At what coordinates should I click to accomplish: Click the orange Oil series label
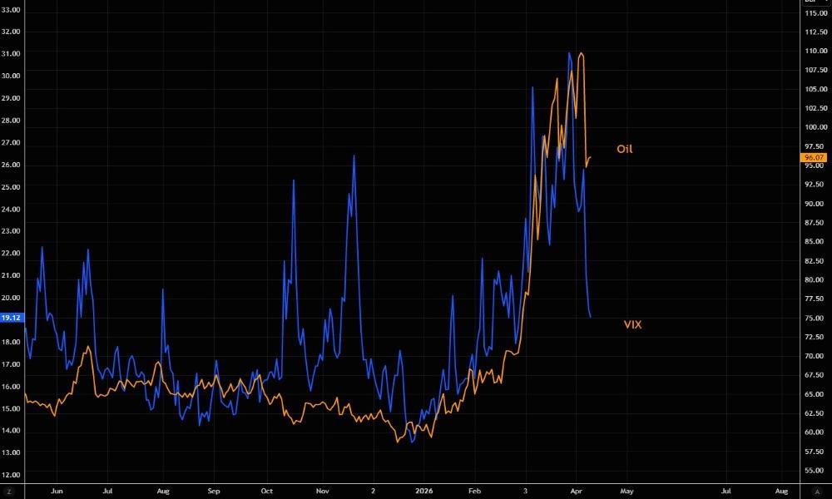(624, 149)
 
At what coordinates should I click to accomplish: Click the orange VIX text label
(632, 324)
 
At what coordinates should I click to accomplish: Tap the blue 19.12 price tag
(12, 318)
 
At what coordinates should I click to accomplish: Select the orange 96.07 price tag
(813, 157)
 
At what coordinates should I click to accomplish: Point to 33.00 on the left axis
(12, 9)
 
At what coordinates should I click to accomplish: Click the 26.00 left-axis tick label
(12, 165)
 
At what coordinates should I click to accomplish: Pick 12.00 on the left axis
(12, 475)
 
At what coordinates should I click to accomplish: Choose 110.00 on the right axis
(815, 51)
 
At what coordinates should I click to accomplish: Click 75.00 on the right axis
(815, 318)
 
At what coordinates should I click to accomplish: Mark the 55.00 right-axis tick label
(815, 471)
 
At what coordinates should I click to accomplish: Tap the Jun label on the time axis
(57, 492)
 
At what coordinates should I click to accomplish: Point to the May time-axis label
(626, 492)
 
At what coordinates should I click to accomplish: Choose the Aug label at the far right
(781, 492)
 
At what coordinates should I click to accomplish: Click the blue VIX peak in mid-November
(354, 156)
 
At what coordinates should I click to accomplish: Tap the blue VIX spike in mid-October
(294, 180)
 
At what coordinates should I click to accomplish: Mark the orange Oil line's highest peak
(581, 53)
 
